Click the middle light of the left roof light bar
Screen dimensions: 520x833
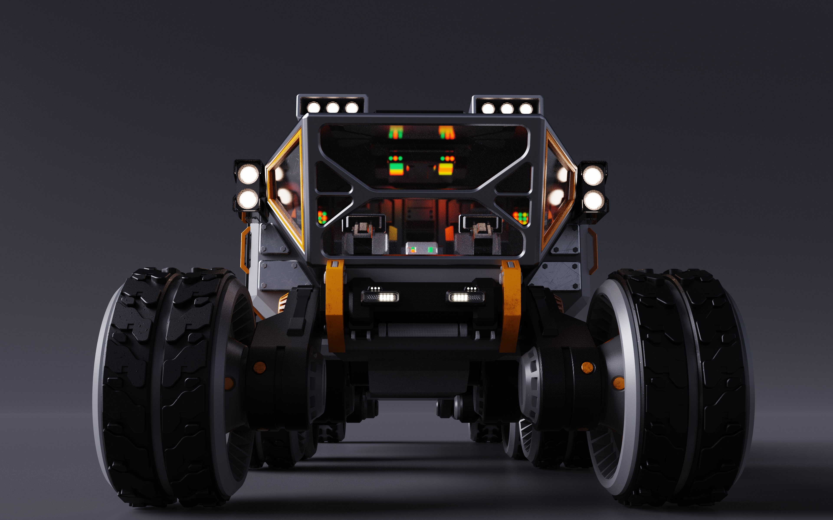coord(333,108)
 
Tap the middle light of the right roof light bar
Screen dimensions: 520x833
coord(507,109)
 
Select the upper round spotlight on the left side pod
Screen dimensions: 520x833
coord(248,174)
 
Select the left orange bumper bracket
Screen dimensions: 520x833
coord(335,306)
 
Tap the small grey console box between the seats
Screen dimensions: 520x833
coord(421,248)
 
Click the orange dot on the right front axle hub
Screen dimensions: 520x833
coord(587,367)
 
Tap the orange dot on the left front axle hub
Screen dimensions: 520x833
coord(260,367)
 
